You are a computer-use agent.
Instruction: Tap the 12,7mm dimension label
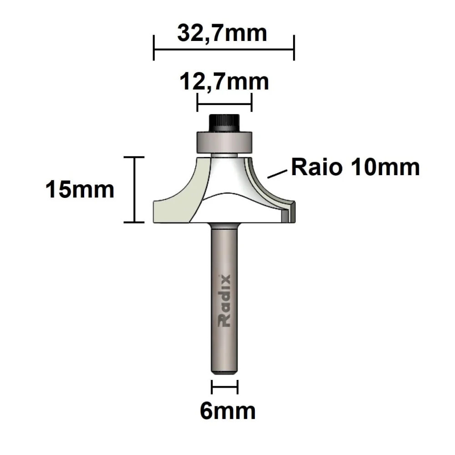click(x=224, y=82)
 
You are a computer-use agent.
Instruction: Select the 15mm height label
click(x=80, y=189)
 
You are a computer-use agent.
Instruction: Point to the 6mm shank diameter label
click(x=227, y=411)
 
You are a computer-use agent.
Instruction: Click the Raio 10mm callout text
click(x=355, y=167)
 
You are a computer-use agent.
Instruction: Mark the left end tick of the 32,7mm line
click(x=154, y=48)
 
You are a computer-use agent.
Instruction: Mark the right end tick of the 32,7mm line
click(x=294, y=48)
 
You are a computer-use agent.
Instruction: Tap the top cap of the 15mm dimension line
click(x=134, y=157)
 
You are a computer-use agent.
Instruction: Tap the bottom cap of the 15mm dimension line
click(x=134, y=222)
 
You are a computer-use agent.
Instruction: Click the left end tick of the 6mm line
click(x=212, y=388)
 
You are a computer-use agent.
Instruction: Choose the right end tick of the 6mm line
click(x=238, y=388)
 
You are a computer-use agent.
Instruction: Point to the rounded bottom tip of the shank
click(x=224, y=371)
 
